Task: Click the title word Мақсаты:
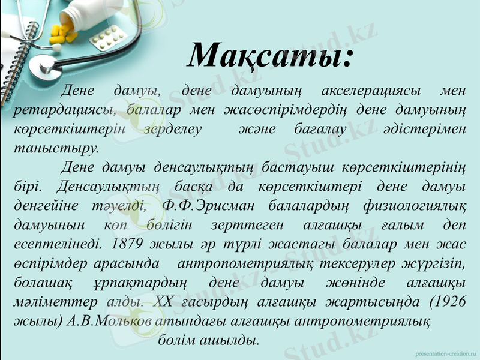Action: point(270,56)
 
